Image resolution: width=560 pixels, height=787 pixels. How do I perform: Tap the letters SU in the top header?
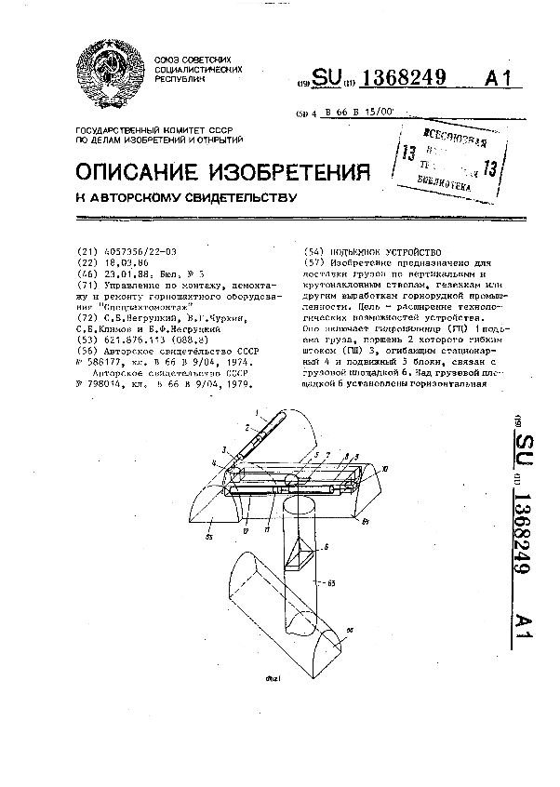pos(328,79)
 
